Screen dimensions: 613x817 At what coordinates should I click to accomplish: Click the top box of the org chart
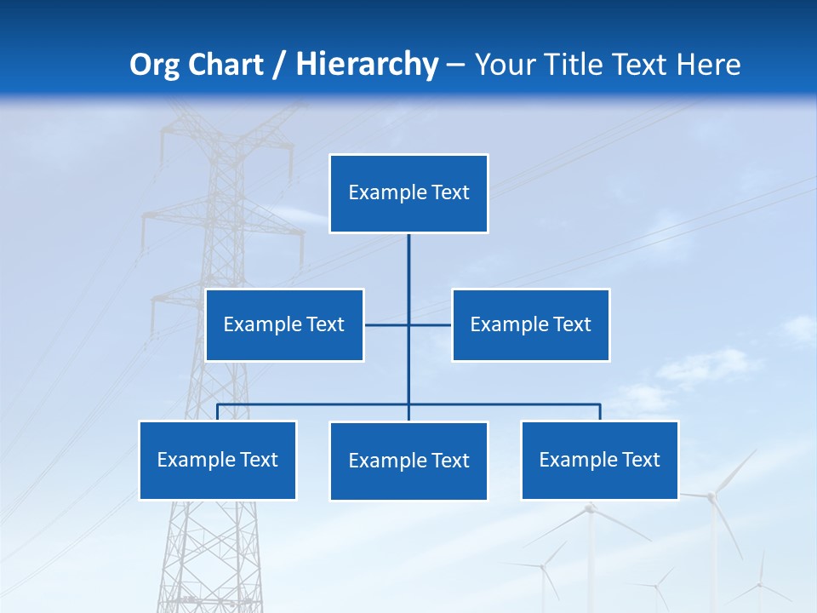pos(408,193)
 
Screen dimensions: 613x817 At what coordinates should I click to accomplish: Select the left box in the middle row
pos(284,324)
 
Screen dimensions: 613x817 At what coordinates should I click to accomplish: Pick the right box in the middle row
pos(531,324)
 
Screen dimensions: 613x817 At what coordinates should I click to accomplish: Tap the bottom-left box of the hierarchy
pos(218,461)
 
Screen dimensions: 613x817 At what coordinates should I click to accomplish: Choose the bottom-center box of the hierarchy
pos(408,461)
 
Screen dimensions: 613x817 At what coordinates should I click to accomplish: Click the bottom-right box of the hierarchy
pos(600,461)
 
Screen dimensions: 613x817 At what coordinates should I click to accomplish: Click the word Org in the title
pos(153,65)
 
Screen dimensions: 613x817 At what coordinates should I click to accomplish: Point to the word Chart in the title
pos(225,65)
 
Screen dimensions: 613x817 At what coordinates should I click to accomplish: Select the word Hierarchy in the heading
pos(366,65)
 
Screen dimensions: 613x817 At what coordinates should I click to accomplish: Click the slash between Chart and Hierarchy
pos(279,65)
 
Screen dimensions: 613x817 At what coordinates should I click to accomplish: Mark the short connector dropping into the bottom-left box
pos(218,412)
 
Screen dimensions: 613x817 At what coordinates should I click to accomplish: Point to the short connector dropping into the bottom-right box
pos(600,412)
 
